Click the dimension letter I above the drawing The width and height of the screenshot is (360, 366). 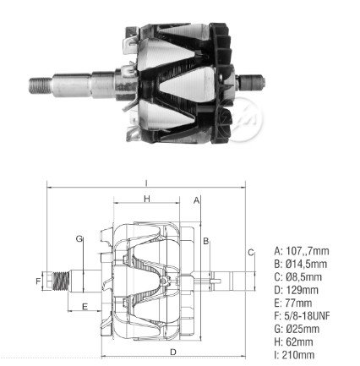point(146,183)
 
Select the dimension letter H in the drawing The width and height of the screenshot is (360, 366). point(147,199)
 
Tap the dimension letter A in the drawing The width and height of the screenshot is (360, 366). point(196,200)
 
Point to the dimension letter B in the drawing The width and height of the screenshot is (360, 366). point(206,241)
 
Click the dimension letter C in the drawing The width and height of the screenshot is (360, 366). point(251,253)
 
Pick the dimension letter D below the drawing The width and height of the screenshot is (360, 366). point(173,352)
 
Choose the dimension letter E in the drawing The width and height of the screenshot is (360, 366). point(85,306)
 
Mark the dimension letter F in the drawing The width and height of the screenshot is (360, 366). point(38,281)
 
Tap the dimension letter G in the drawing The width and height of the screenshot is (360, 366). point(79,239)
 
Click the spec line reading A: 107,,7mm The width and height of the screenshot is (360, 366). point(302,251)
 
